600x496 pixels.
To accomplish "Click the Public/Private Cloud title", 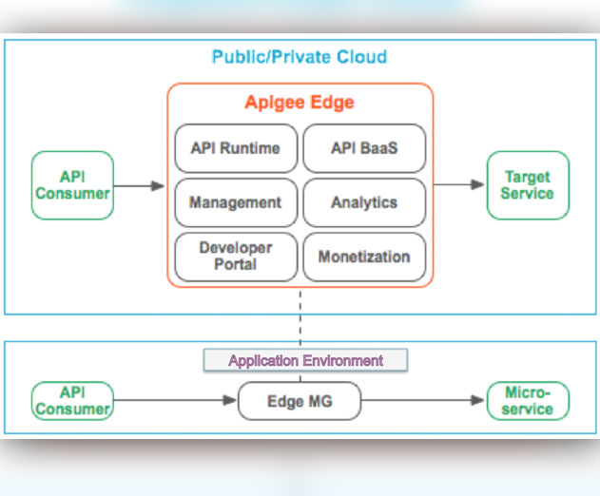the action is tap(300, 57).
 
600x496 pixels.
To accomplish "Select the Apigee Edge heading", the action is tap(300, 103).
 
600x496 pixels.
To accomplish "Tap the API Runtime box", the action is tap(236, 148).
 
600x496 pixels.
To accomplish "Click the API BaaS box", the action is tap(364, 148).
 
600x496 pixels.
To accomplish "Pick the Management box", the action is tap(236, 202).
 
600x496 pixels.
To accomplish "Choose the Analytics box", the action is tap(364, 202).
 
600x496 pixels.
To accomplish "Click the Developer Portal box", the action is tap(236, 257).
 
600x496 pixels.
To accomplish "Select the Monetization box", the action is tap(364, 257).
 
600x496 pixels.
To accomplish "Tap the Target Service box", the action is tap(528, 185).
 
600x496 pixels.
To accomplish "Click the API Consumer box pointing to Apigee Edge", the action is tap(72, 185).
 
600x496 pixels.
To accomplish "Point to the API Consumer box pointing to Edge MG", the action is tap(72, 401).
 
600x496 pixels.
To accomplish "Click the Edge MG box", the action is tap(300, 401).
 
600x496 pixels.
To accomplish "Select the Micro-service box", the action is tap(528, 401).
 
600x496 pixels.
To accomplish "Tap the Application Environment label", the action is tap(305, 360).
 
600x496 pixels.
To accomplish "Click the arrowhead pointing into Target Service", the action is tap(477, 184).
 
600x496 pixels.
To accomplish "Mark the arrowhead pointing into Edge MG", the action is tap(229, 400).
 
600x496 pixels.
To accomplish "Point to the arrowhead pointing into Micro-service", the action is tap(477, 400).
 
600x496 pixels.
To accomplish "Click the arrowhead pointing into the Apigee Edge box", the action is tap(158, 186).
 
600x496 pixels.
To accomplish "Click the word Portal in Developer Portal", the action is tap(235, 264).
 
